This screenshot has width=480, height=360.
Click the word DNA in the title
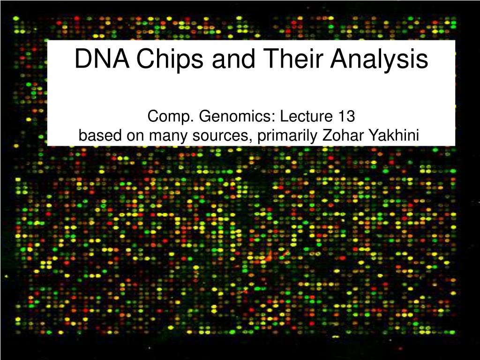(102, 59)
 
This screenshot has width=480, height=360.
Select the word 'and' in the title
(233, 58)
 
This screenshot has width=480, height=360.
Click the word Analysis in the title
(379, 60)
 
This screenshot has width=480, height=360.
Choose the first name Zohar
(342, 135)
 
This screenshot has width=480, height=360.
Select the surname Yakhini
(393, 135)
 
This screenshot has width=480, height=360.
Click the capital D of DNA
(83, 59)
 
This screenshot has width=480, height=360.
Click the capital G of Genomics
(205, 117)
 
